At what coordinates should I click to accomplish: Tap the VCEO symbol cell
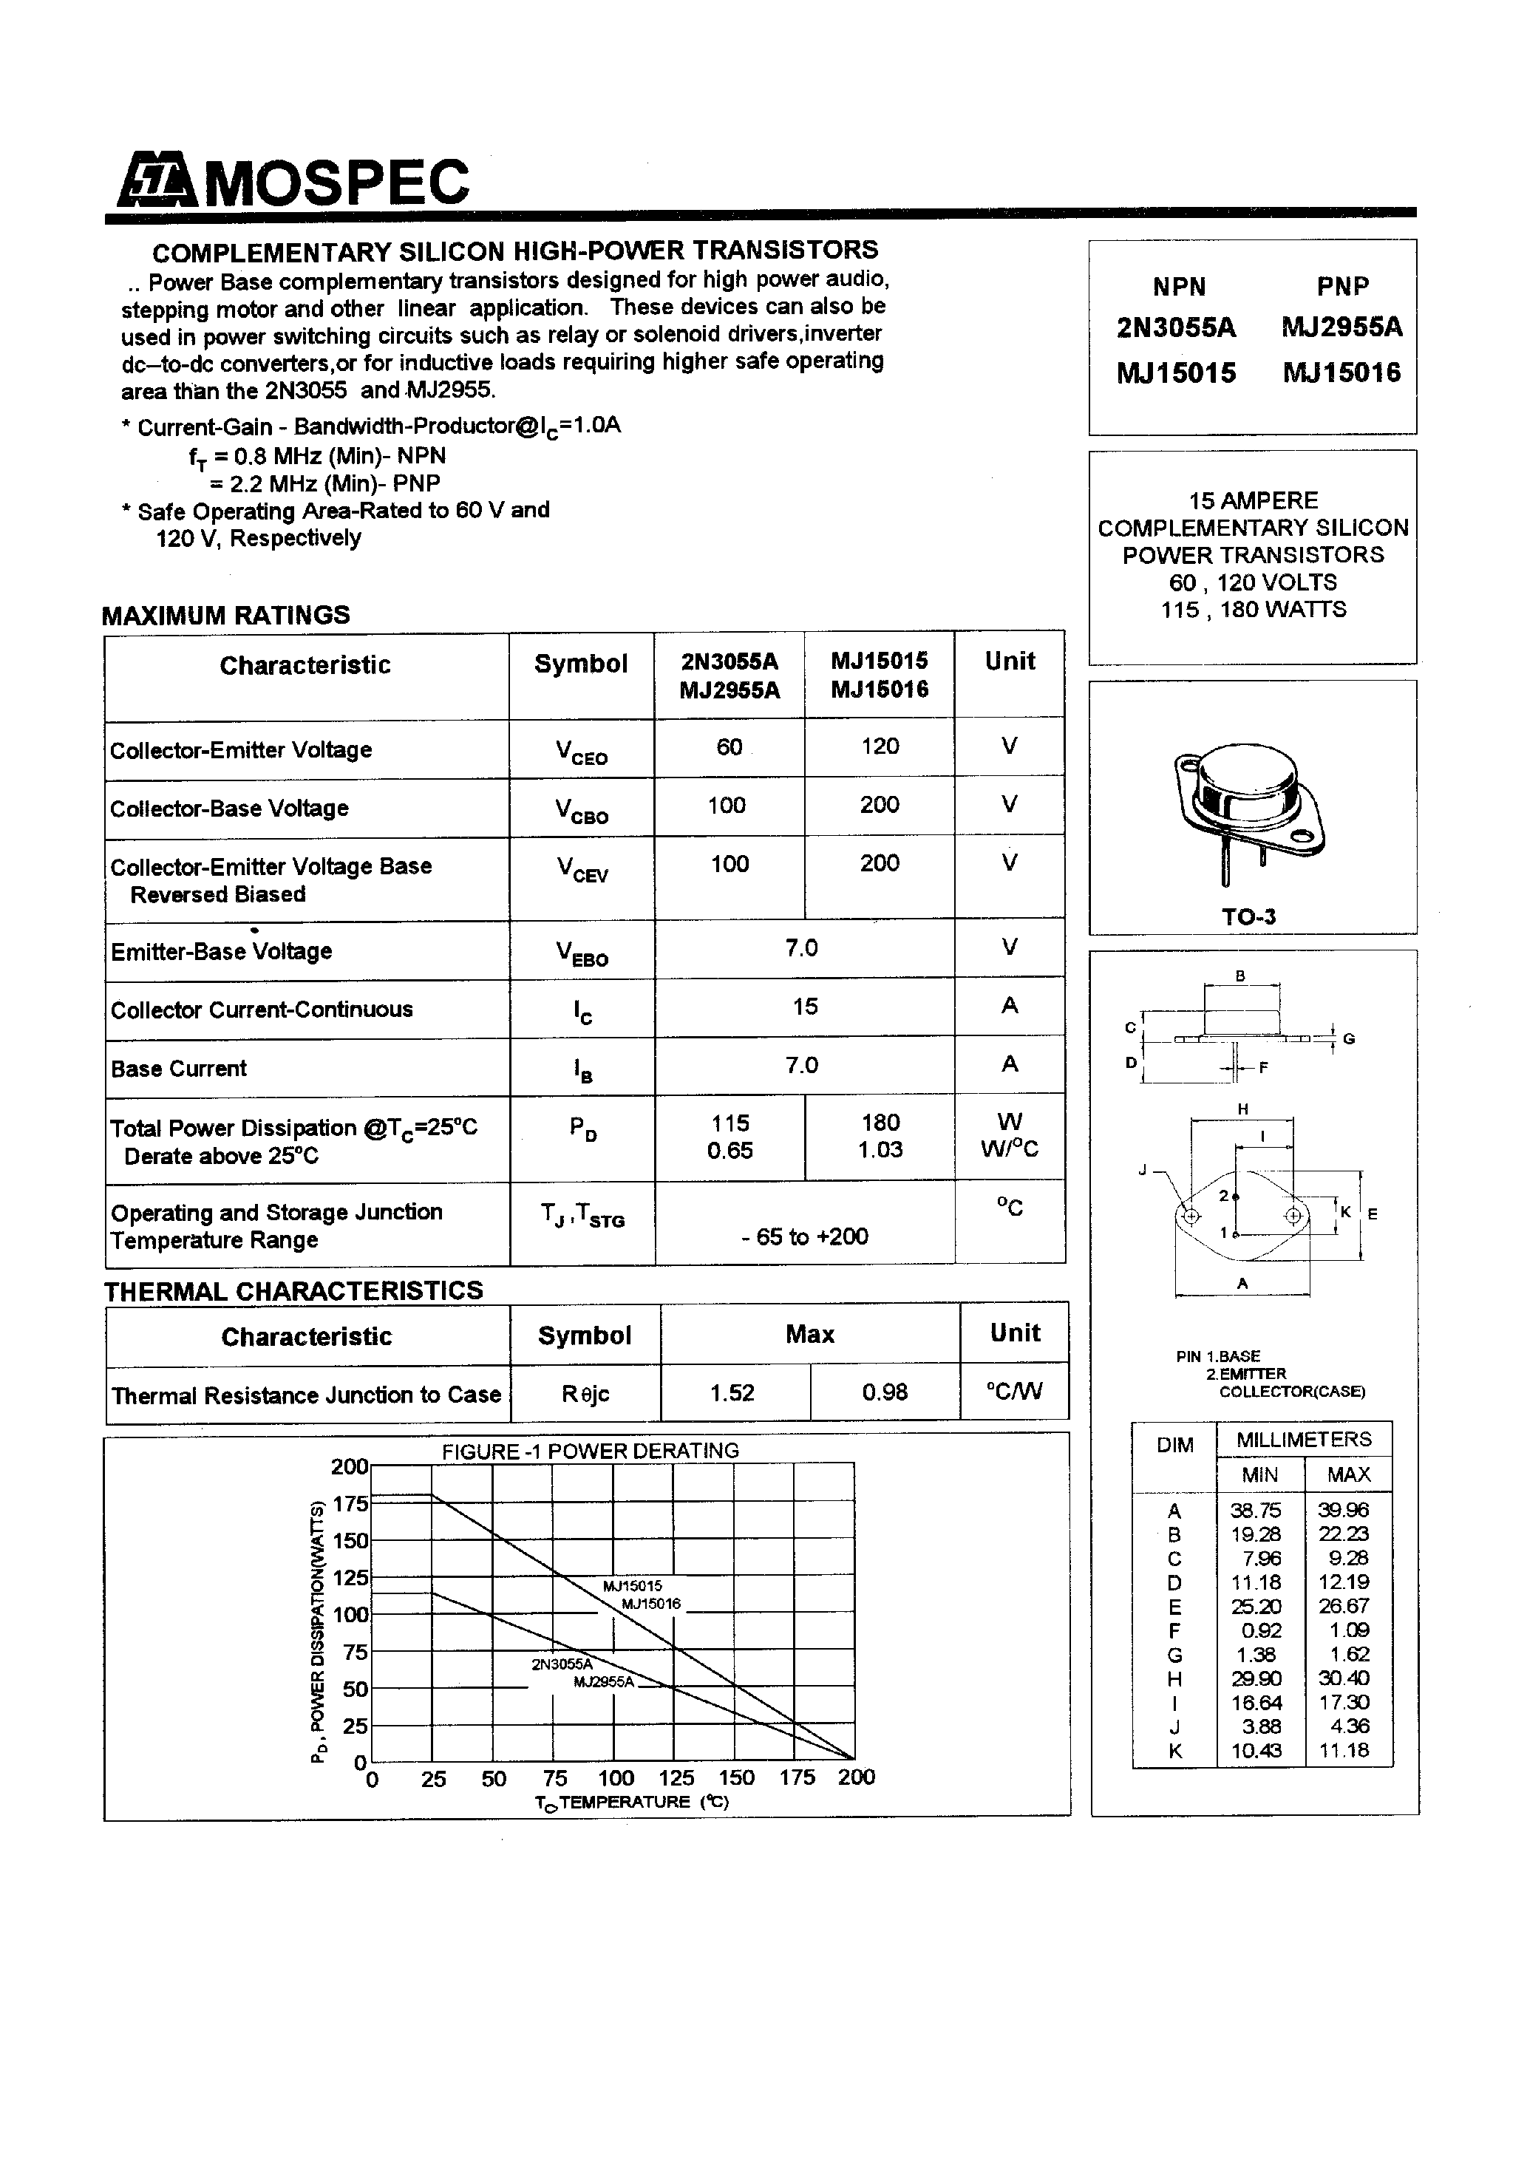point(581,752)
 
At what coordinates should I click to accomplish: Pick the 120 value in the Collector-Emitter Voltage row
point(880,746)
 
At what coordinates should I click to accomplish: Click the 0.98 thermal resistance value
point(884,1392)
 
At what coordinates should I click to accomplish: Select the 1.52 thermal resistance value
point(732,1392)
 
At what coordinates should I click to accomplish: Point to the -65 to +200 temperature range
point(805,1236)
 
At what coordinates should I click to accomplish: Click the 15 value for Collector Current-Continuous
point(805,1006)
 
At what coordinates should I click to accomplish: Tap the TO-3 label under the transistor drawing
point(1248,916)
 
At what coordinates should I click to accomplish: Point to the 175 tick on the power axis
point(350,1503)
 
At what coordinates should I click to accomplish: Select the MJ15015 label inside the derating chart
point(633,1586)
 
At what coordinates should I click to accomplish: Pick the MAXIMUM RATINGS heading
point(226,616)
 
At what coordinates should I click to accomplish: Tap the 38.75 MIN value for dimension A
point(1256,1510)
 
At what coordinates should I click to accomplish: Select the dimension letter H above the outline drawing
point(1242,1109)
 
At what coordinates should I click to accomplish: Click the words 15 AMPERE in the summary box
point(1252,501)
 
